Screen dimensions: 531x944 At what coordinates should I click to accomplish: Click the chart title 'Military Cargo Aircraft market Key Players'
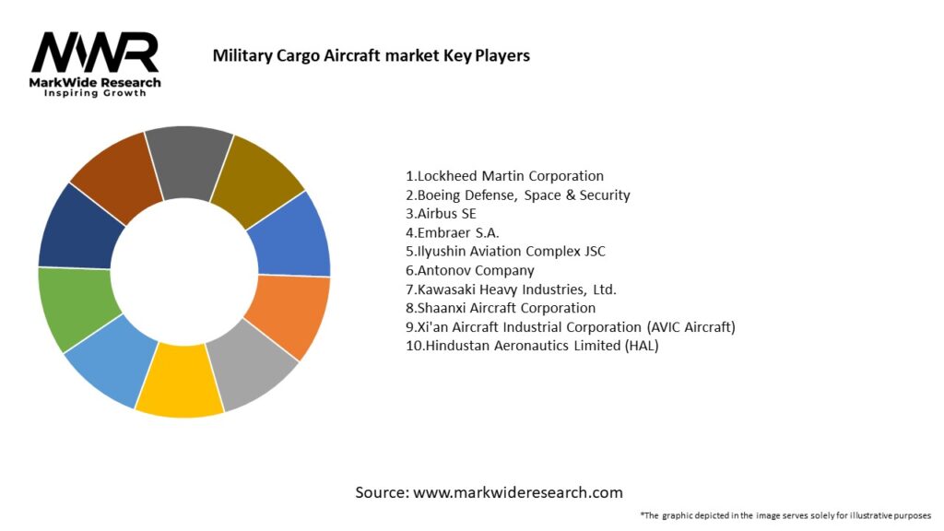(371, 55)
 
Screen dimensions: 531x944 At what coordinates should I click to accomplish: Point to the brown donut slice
(115, 173)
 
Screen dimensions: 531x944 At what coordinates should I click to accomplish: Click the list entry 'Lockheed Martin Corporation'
(504, 175)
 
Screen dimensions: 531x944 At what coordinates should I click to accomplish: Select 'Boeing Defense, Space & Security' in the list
(517, 195)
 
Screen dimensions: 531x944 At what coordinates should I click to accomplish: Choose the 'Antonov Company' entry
(469, 270)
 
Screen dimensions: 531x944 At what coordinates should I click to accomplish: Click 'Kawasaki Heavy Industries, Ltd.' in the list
(511, 289)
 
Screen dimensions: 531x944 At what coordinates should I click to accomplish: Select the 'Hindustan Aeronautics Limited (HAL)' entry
(532, 346)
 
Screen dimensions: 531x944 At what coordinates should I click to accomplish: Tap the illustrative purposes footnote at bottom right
(785, 514)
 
